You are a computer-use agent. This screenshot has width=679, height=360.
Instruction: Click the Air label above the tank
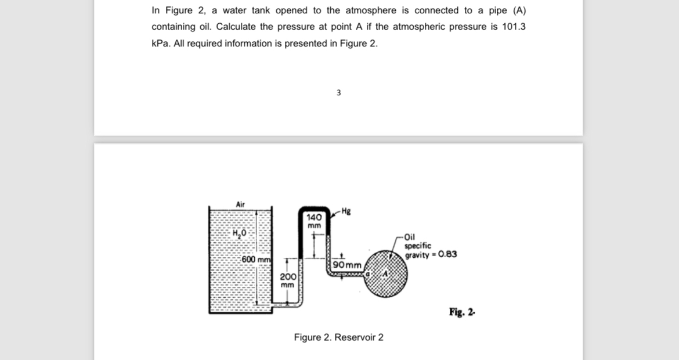tap(241, 204)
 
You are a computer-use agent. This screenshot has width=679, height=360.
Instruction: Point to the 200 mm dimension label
tap(287, 280)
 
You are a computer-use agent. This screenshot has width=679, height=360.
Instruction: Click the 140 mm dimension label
tap(314, 220)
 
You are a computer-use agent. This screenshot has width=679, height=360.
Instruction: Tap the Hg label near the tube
tap(346, 210)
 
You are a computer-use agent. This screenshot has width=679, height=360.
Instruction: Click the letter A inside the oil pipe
tap(384, 273)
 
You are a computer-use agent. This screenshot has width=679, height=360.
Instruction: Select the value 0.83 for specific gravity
tap(447, 254)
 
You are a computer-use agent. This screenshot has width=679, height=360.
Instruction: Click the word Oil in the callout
tap(410, 237)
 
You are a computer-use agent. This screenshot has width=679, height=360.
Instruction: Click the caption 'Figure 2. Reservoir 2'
tap(338, 337)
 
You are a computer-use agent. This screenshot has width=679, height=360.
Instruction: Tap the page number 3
tap(339, 92)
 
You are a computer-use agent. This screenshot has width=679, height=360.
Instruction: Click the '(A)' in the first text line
tap(518, 10)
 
